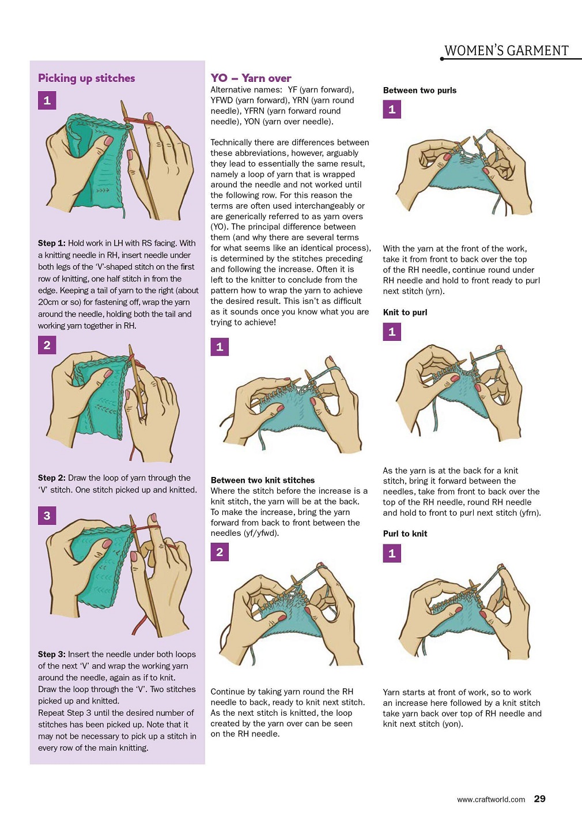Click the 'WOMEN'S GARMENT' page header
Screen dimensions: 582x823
(x=507, y=51)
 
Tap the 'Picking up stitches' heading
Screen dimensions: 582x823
(x=86, y=78)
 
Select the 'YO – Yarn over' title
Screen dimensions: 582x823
(x=251, y=78)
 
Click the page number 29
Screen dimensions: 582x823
(x=539, y=799)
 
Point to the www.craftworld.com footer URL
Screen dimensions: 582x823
(x=491, y=799)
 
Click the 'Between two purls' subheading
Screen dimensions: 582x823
(x=420, y=91)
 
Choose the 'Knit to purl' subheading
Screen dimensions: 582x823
(x=405, y=312)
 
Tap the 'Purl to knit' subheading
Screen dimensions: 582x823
(x=405, y=533)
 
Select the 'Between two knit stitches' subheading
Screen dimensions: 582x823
(x=263, y=480)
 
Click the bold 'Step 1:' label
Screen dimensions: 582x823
(x=52, y=243)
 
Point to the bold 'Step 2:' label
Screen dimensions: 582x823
(x=52, y=478)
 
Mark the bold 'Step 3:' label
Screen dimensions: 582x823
(x=52, y=655)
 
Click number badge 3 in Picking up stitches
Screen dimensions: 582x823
(x=47, y=516)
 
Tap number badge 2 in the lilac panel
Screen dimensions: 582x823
(x=47, y=345)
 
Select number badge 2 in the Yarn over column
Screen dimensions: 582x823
(x=220, y=552)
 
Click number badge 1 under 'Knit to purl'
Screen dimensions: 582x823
(x=392, y=332)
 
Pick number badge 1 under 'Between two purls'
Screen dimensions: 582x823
(x=392, y=110)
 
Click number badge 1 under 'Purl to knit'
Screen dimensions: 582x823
(x=392, y=554)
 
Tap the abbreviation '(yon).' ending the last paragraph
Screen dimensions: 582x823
(x=452, y=724)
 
